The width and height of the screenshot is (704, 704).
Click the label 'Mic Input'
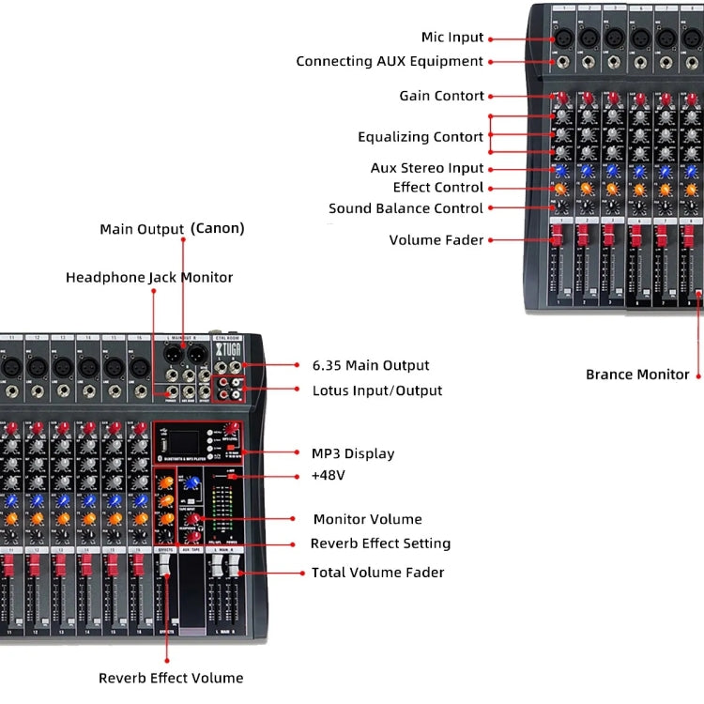(x=452, y=38)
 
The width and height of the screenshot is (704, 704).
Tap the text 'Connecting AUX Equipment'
(x=390, y=61)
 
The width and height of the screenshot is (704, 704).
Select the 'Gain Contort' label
(x=441, y=96)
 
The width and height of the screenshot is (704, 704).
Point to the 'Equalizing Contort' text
(x=421, y=137)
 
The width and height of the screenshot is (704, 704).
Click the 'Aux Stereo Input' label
(x=427, y=168)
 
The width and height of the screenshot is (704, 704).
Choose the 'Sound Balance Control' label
(x=406, y=208)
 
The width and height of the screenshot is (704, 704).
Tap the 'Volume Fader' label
(x=436, y=240)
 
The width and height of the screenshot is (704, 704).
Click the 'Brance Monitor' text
(x=637, y=375)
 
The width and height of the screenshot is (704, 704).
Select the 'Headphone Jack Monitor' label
(x=149, y=278)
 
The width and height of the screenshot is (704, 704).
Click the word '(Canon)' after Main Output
(x=217, y=228)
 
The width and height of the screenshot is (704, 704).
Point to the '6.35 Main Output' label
(x=370, y=365)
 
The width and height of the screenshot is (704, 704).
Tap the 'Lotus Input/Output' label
(x=376, y=390)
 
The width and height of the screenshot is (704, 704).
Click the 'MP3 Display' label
(x=353, y=453)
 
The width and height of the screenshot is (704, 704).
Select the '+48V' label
(x=329, y=476)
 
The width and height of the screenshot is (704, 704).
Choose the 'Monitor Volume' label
(x=367, y=519)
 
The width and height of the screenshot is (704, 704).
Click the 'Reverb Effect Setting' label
(x=380, y=543)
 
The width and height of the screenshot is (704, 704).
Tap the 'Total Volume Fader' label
(x=377, y=572)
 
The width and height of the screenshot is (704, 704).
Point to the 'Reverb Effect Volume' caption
(x=171, y=678)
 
